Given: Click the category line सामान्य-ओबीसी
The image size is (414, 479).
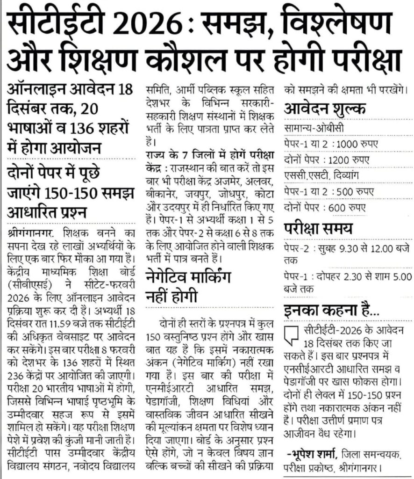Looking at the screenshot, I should coord(312,128).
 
